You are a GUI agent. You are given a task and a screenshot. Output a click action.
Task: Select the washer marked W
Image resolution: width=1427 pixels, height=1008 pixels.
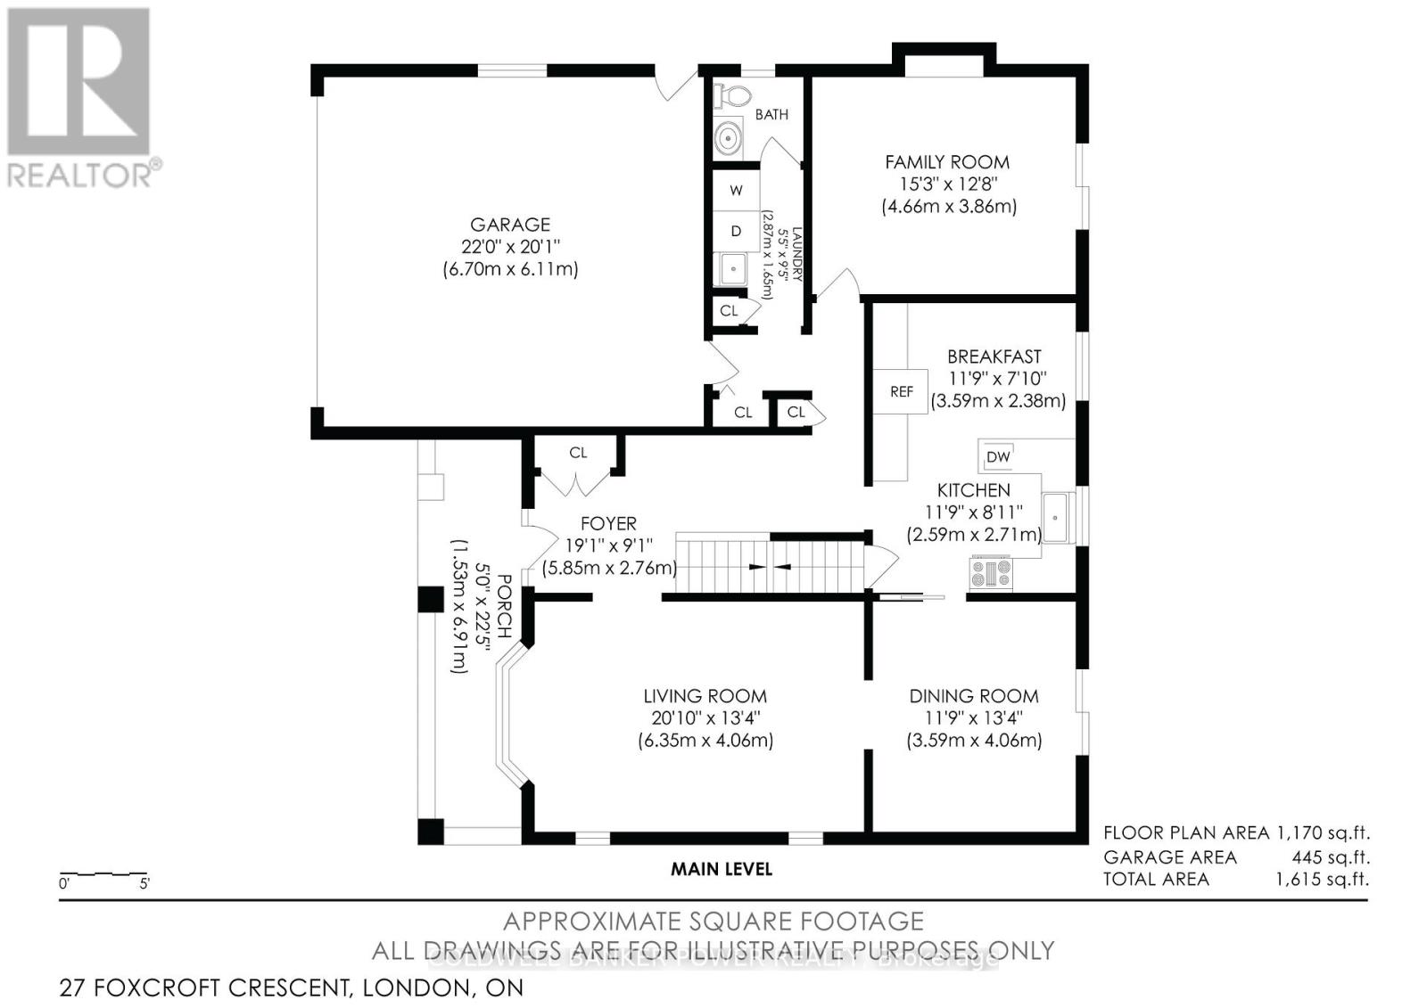coord(736,190)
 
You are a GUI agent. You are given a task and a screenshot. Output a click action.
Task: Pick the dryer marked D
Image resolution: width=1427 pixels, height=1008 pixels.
coord(736,231)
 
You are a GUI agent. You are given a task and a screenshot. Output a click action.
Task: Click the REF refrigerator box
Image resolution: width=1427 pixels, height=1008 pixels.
coord(901,391)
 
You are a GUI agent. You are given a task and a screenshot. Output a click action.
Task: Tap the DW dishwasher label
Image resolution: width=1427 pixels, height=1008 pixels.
coord(998,457)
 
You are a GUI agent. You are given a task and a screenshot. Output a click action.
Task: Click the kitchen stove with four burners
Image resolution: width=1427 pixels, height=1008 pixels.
coord(991,571)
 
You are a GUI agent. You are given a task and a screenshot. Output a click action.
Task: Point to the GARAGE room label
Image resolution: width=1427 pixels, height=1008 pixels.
coord(510,225)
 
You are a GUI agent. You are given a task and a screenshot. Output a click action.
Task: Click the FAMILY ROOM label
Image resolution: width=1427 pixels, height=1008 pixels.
coord(947,162)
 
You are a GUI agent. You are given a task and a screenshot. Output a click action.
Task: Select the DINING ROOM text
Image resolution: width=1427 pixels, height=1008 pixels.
coord(973,696)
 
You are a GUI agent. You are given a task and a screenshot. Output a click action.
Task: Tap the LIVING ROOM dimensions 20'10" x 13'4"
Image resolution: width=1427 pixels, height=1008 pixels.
coord(705,718)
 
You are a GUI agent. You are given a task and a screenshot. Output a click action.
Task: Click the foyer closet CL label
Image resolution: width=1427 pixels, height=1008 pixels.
coord(578,453)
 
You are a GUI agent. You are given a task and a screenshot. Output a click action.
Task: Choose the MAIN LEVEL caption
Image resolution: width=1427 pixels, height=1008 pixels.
coord(721,868)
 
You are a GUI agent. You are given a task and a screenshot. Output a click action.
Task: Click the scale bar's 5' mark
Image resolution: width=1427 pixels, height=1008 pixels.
coord(144,884)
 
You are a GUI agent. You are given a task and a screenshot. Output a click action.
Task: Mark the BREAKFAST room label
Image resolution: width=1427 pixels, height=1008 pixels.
coord(994,356)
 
